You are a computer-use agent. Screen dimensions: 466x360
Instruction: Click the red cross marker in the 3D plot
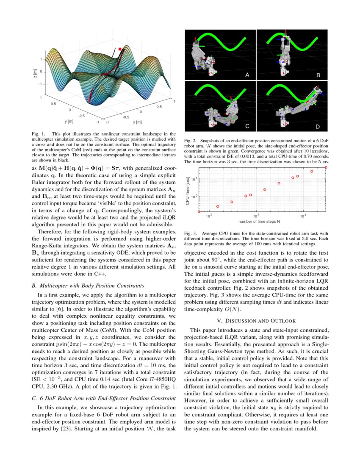(120, 50)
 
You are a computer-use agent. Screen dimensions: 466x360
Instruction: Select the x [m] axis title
(137, 122)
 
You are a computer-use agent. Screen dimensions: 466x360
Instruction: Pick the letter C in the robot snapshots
(248, 126)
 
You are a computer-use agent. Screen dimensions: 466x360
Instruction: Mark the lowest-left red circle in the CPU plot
(199, 211)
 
